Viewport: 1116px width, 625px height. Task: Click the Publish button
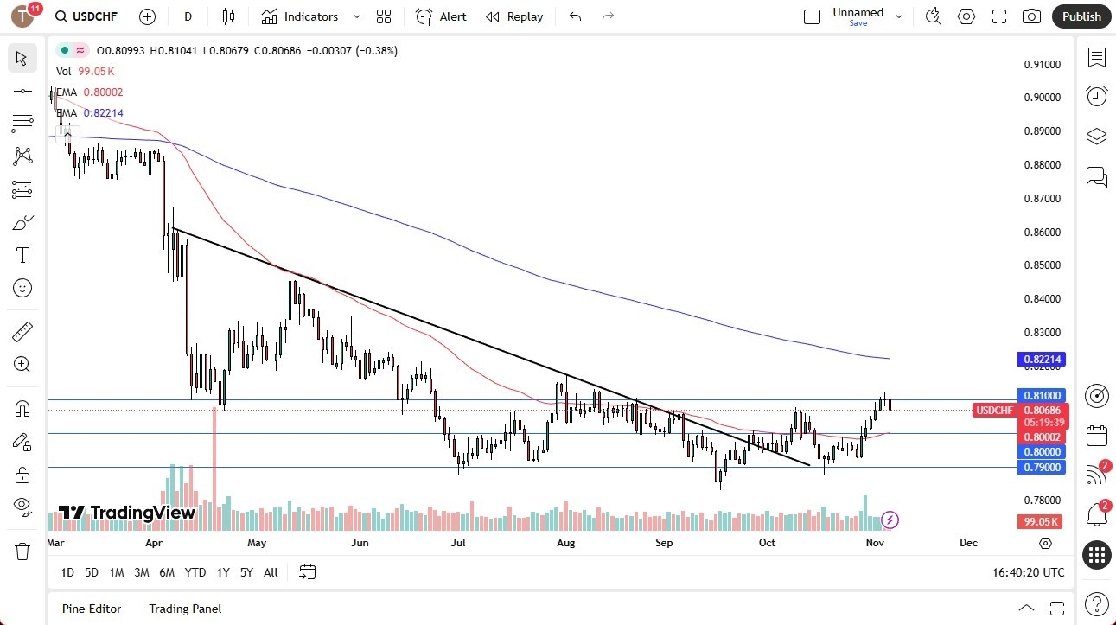coord(1081,16)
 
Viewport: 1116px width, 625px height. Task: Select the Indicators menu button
coord(300,16)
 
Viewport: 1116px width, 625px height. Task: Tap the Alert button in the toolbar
coord(441,16)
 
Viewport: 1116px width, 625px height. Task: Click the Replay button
coord(514,16)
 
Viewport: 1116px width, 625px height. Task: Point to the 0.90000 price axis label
coord(1042,98)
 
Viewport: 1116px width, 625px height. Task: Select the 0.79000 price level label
coord(1042,468)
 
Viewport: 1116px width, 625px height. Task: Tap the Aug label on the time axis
coord(565,543)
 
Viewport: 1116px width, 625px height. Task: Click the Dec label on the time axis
coord(968,543)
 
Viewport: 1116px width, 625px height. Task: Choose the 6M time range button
coord(167,572)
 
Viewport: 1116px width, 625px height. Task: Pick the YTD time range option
coord(195,572)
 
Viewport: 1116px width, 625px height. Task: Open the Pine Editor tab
coord(92,609)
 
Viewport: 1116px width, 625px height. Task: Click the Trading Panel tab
coord(185,609)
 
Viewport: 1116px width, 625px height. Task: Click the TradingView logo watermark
coord(127,513)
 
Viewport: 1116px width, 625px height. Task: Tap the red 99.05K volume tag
coord(1042,522)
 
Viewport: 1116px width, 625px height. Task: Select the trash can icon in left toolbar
coord(22,552)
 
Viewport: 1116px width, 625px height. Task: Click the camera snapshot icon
coord(1030,16)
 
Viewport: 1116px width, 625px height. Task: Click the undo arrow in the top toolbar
coord(576,16)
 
